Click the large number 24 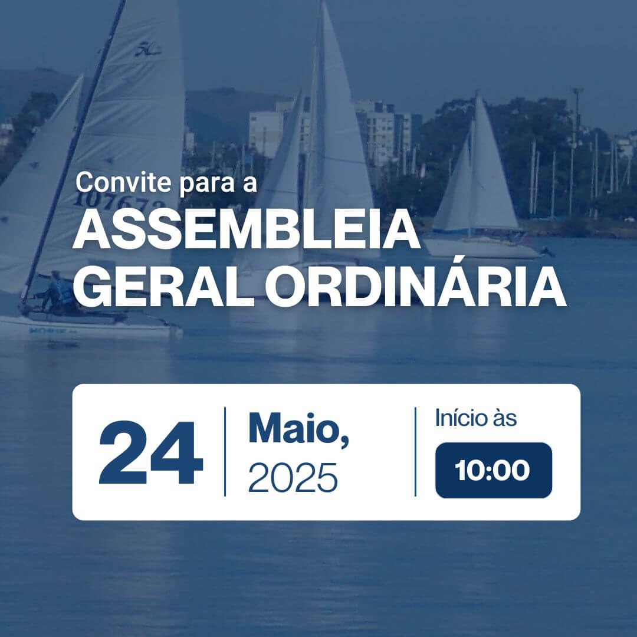click(151, 452)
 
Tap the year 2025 click(293, 478)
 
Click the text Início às click(476, 418)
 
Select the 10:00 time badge click(494, 471)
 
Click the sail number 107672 click(120, 201)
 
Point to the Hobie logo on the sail click(148, 50)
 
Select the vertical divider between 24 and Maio click(225, 451)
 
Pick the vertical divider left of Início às click(415, 451)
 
